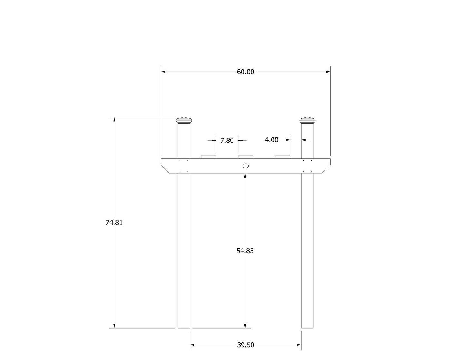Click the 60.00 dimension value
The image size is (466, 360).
pyautogui.click(x=245, y=72)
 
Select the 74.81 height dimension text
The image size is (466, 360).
pyautogui.click(x=114, y=223)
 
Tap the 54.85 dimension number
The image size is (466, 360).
pyautogui.click(x=245, y=251)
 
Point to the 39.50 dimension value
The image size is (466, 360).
pyautogui.click(x=245, y=345)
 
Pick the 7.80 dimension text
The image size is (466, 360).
pyautogui.click(x=227, y=141)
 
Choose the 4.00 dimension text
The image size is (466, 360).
pyautogui.click(x=272, y=140)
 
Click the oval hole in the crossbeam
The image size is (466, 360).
pyautogui.click(x=245, y=166)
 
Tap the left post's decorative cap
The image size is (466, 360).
pyautogui.click(x=184, y=120)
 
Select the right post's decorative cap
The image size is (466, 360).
pyautogui.click(x=307, y=120)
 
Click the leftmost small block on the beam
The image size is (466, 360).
pyautogui.click(x=208, y=157)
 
